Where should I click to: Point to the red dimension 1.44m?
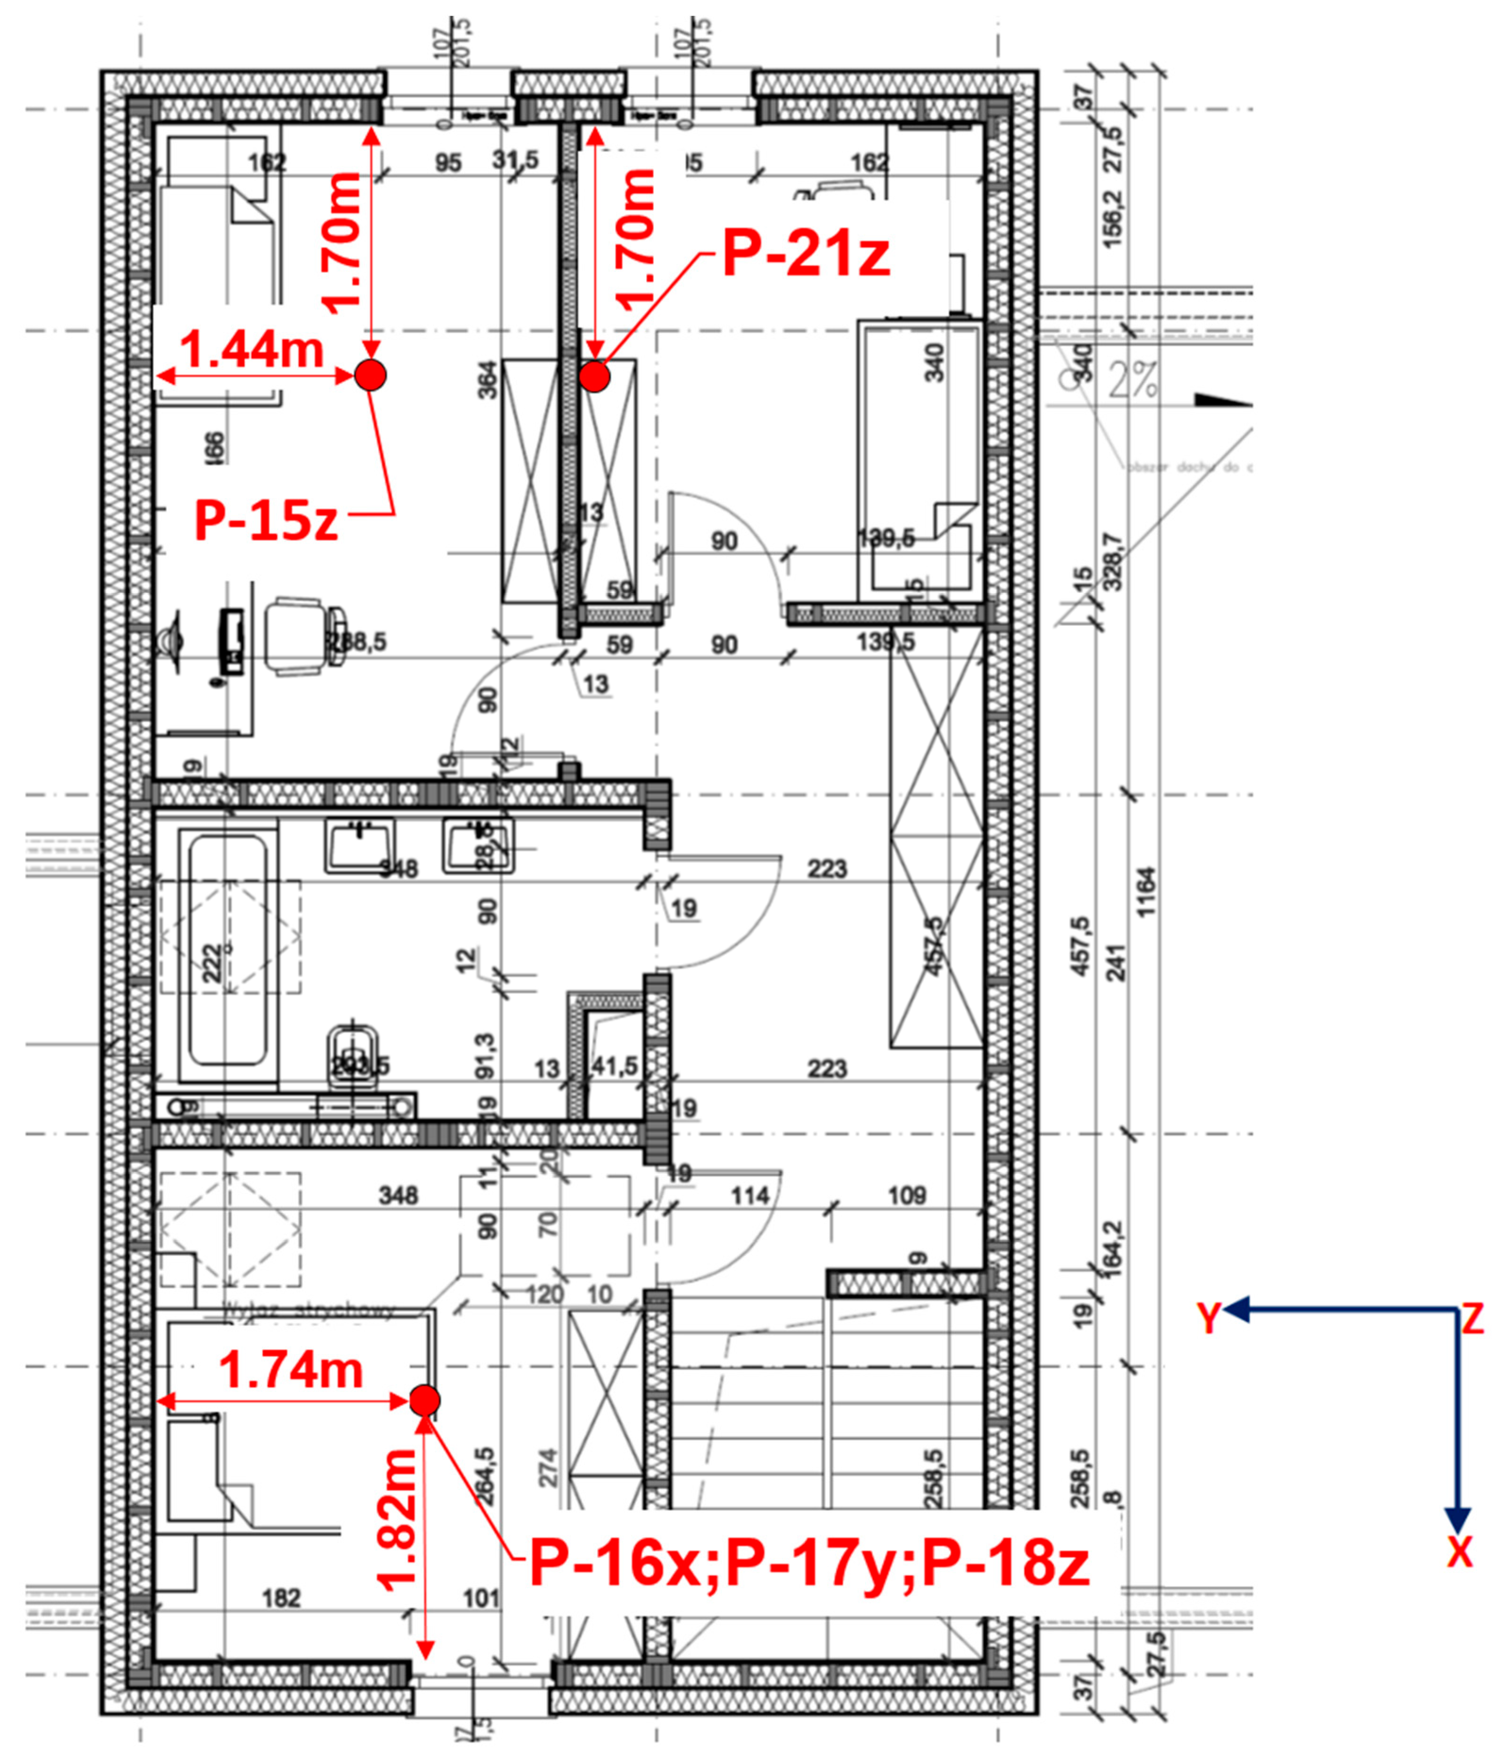point(252,349)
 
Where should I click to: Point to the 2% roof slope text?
point(1133,382)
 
